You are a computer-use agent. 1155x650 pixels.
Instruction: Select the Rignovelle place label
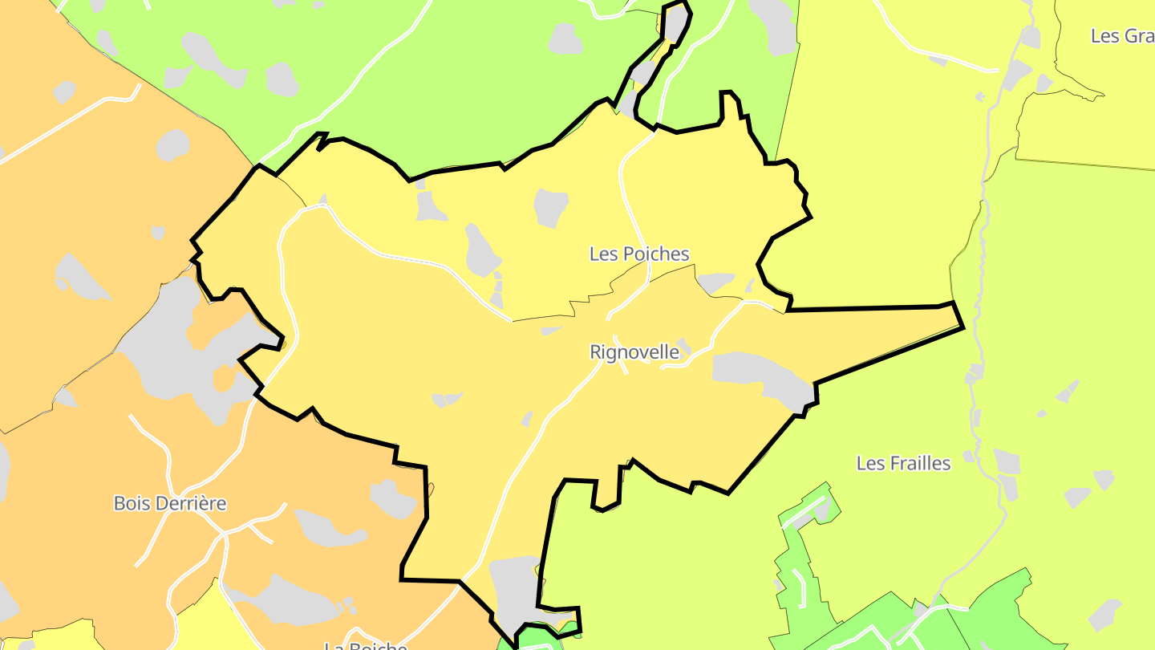[634, 352]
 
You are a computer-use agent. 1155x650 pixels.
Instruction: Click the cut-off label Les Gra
[1121, 36]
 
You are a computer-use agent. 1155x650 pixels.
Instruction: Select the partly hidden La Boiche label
[365, 645]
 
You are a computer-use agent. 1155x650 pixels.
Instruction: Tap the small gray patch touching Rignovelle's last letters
[684, 345]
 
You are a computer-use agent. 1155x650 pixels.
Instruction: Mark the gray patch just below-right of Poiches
[715, 282]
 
